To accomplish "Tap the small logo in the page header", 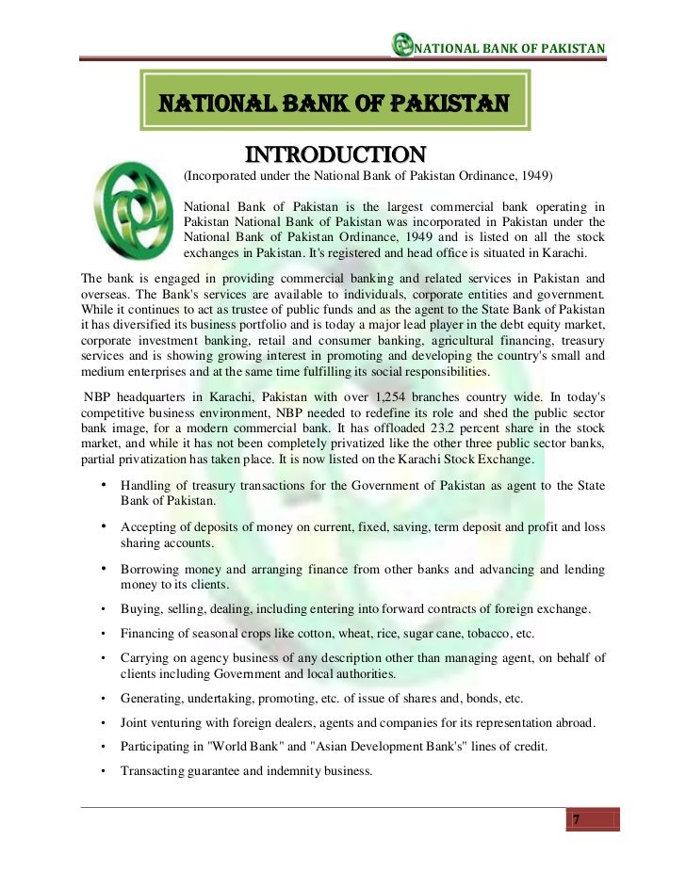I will (x=403, y=47).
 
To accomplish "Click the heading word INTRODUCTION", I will (x=335, y=154).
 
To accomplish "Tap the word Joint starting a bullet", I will (x=135, y=723).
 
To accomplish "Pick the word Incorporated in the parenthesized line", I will (x=222, y=177).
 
